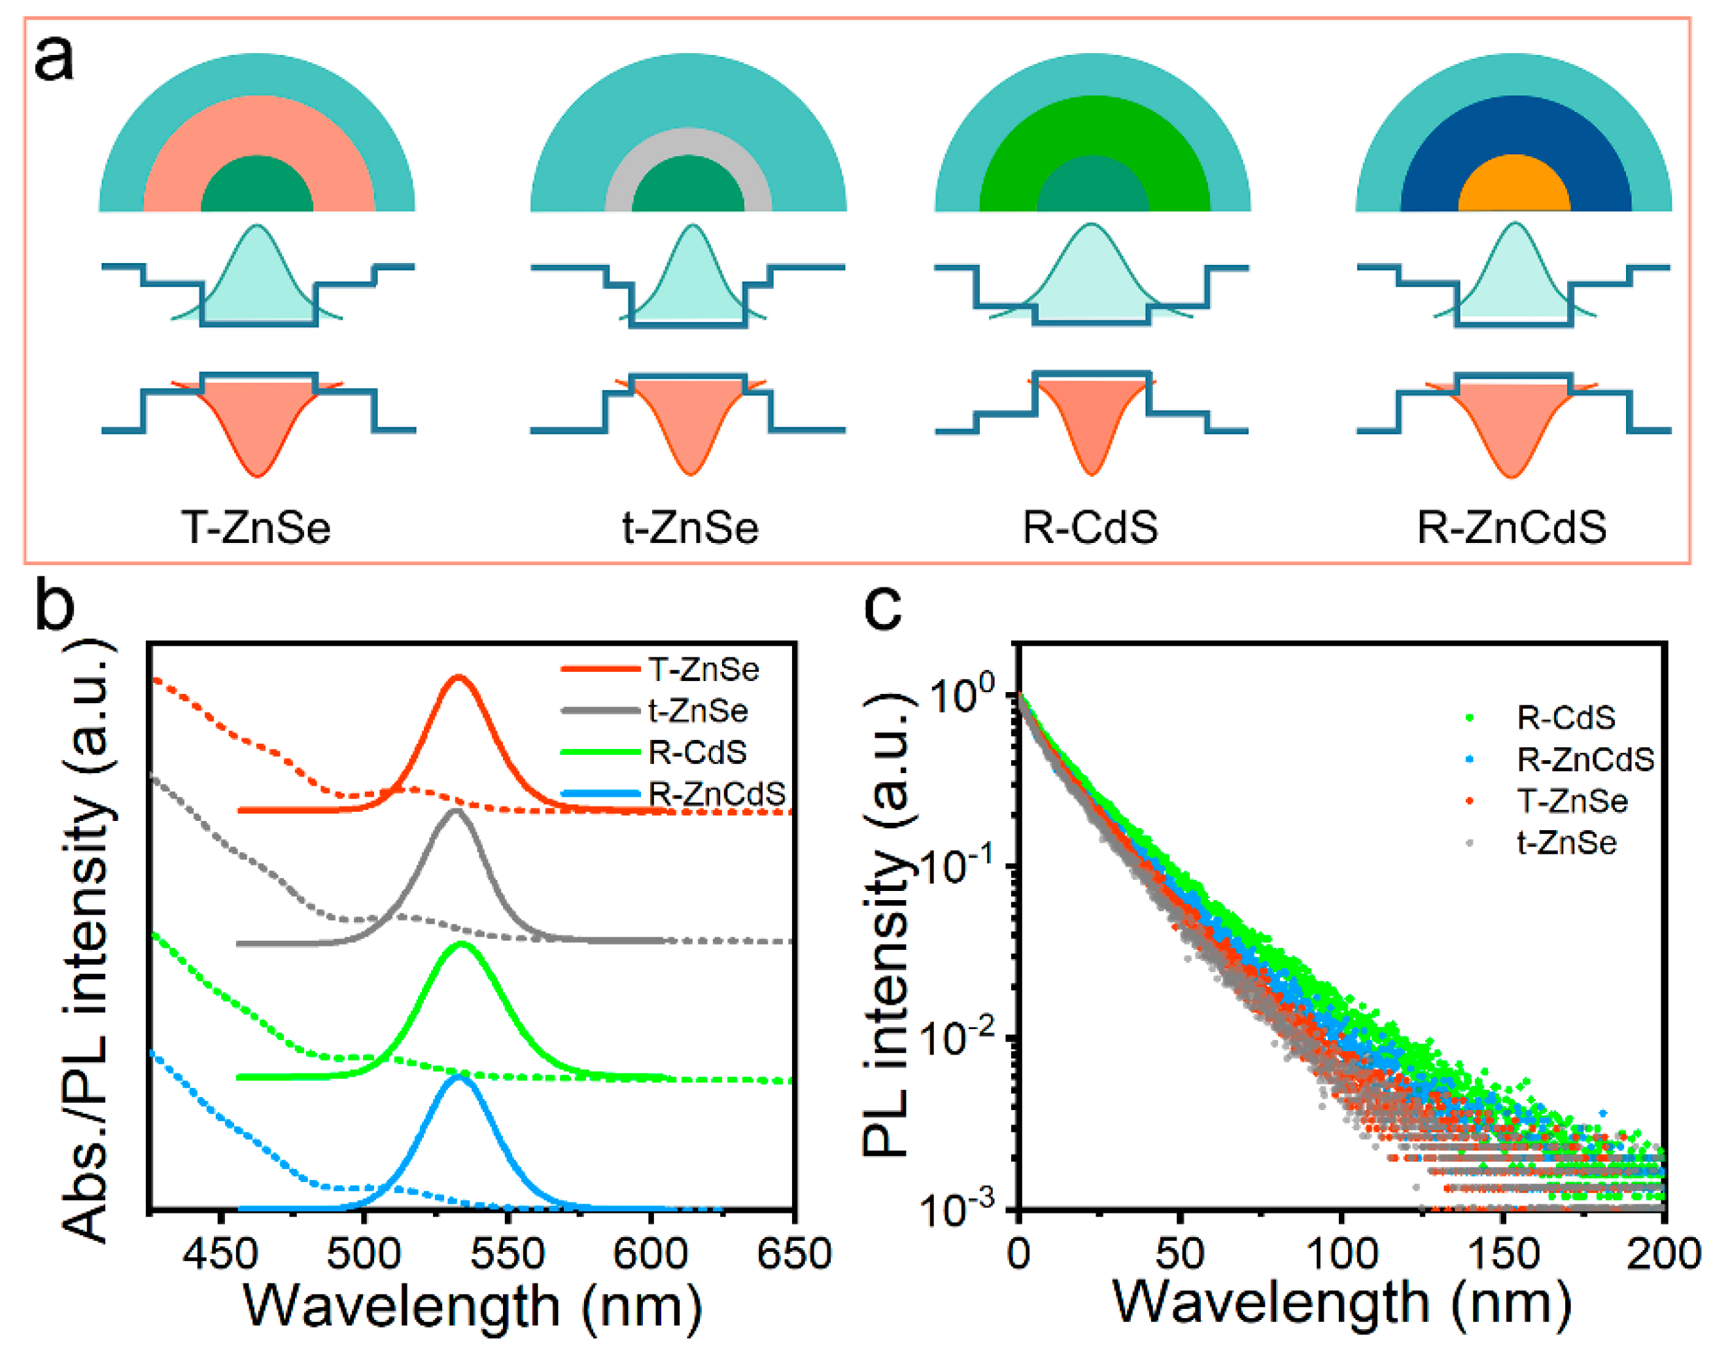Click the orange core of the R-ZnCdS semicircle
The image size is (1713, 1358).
1514,186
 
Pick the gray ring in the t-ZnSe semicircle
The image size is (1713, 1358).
689,139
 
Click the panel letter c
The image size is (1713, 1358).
882,608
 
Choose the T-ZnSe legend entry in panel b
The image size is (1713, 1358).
703,669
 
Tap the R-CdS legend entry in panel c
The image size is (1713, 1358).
1566,718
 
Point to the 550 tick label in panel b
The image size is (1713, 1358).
507,1254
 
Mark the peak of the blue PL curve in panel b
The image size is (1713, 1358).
459,1077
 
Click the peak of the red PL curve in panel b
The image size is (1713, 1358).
458,676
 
